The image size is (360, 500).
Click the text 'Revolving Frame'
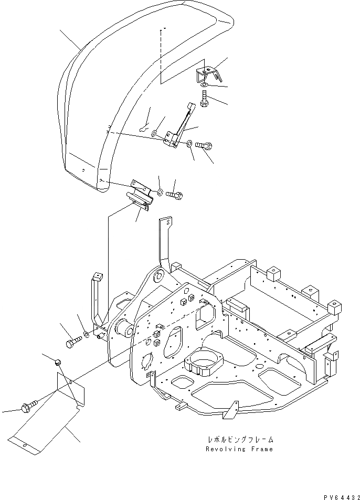[x=239, y=449]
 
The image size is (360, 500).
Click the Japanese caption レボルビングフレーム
[x=239, y=440]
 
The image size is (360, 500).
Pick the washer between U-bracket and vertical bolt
[x=204, y=85]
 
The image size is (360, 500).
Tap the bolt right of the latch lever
[x=205, y=146]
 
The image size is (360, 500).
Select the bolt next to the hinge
[x=175, y=194]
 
